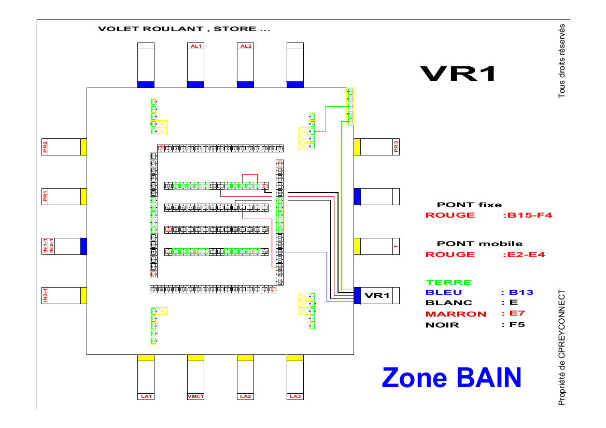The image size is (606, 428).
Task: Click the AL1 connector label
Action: point(196,46)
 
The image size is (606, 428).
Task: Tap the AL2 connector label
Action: point(246,46)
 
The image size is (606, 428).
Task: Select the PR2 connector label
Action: point(46,147)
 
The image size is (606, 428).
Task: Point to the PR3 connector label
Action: point(396,147)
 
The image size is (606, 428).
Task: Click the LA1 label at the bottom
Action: point(146,396)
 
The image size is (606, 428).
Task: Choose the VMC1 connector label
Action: point(196,396)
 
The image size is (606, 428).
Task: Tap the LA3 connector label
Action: point(295,396)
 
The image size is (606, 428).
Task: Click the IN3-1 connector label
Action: point(46,295)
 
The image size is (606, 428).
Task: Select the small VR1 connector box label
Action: point(377,295)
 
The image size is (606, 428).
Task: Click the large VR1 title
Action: point(458,74)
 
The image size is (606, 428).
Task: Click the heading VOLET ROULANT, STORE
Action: point(184,29)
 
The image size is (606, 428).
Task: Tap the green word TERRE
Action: point(448,282)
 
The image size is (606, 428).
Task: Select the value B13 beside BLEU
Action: point(521,292)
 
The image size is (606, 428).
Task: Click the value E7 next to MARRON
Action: point(510,313)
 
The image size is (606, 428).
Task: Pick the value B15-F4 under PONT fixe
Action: point(527,215)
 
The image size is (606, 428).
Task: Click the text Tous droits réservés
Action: point(561,61)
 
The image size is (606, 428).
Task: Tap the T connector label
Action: point(396,247)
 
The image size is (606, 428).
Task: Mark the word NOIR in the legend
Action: point(442,325)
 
